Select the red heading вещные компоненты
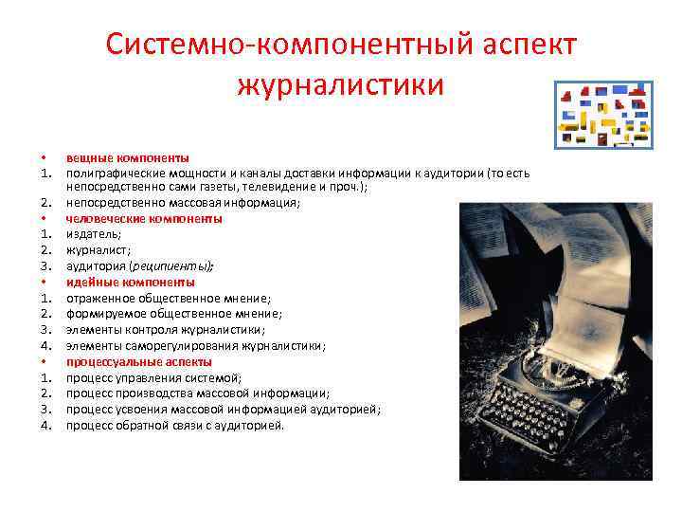tap(127, 157)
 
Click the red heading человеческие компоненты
tap(144, 218)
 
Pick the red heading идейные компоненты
tap(131, 283)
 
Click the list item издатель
tap(93, 234)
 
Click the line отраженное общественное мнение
tap(168, 298)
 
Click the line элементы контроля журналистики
tap(165, 330)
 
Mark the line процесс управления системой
tap(153, 377)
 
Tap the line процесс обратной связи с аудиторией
tap(174, 426)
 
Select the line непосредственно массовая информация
tap(182, 203)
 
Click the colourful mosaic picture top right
tap(602, 113)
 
